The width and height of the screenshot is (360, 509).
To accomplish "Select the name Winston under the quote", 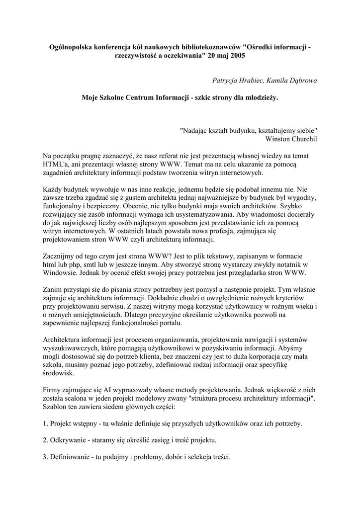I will [x=282, y=139].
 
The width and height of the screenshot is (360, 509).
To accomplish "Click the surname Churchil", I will [x=306, y=139].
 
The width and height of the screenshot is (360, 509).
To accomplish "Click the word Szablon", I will [x=55, y=407].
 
